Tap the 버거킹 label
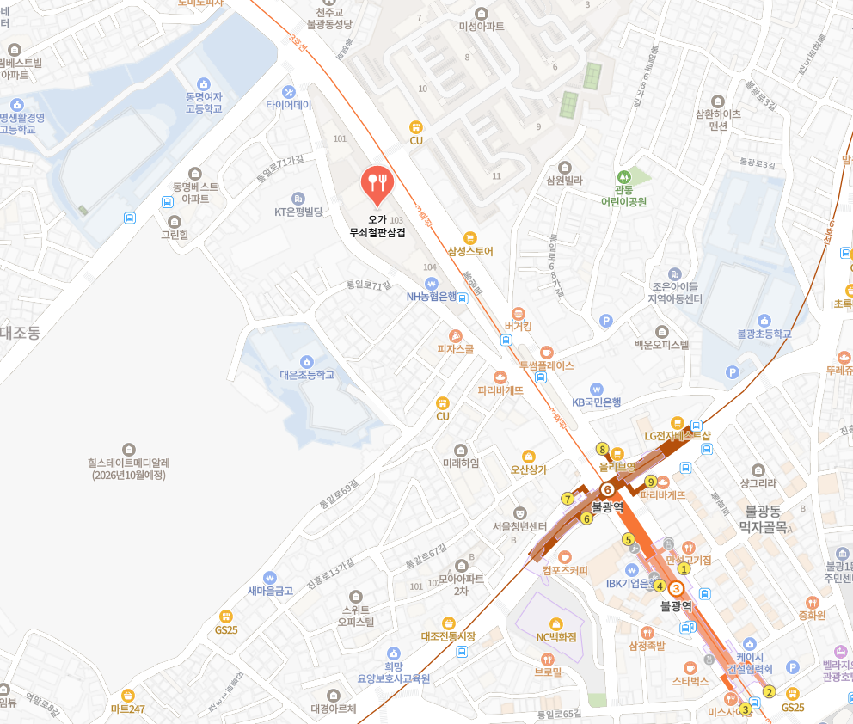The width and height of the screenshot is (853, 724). pyautogui.click(x=519, y=326)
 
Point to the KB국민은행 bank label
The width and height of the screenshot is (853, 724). pyautogui.click(x=597, y=402)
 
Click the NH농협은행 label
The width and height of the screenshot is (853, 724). pyautogui.click(x=432, y=296)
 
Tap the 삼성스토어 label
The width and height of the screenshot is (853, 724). pyautogui.click(x=469, y=251)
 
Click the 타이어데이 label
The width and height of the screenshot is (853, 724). pyautogui.click(x=289, y=104)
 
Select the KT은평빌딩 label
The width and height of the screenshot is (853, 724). pyautogui.click(x=298, y=211)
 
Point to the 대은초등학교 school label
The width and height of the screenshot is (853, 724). pyautogui.click(x=306, y=374)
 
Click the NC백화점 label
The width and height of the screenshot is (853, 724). pyautogui.click(x=555, y=636)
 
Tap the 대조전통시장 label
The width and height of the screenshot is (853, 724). pyautogui.click(x=448, y=635)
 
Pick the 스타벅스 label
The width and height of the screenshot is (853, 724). pyautogui.click(x=690, y=680)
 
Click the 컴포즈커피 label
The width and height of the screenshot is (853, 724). pyautogui.click(x=565, y=569)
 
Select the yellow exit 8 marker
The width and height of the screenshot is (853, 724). pyautogui.click(x=602, y=449)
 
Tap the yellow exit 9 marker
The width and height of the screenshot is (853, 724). pyautogui.click(x=651, y=482)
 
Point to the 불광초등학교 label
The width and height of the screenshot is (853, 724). pyautogui.click(x=764, y=333)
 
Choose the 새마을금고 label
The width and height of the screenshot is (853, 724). pyautogui.click(x=271, y=590)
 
